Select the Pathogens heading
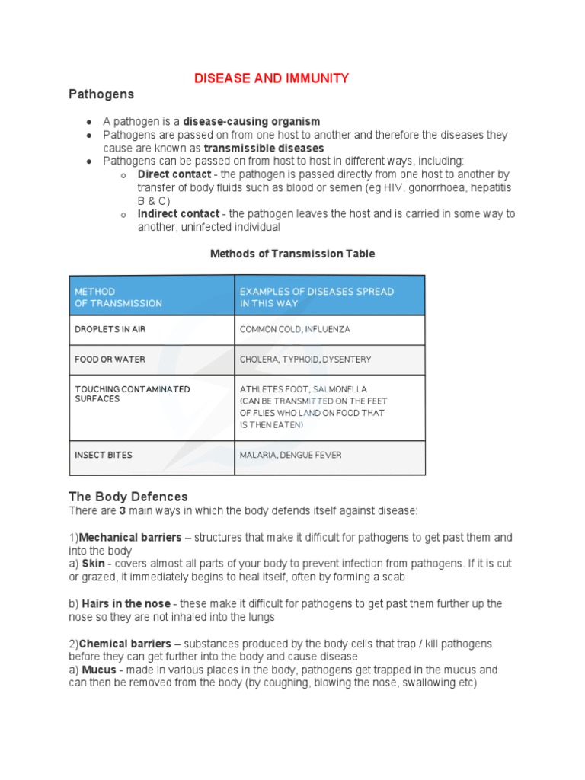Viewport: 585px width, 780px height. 101,94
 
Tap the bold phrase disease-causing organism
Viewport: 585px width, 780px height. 251,121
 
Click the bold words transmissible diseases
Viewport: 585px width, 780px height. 264,148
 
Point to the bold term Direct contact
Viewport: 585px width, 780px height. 174,174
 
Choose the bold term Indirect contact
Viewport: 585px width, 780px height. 178,214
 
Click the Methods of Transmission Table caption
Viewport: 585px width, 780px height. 292,254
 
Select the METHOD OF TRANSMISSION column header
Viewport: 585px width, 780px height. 118,297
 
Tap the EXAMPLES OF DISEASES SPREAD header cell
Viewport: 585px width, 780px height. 316,297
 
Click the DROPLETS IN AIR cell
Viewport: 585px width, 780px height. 110,330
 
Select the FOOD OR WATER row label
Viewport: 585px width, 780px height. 110,359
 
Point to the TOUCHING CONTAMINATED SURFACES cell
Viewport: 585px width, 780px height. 132,394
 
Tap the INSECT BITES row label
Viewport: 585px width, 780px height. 104,455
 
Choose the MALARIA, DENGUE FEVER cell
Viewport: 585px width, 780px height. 290,455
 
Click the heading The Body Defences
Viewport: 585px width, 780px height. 128,497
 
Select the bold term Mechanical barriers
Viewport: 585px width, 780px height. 130,538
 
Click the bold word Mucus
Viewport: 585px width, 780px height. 99,670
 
